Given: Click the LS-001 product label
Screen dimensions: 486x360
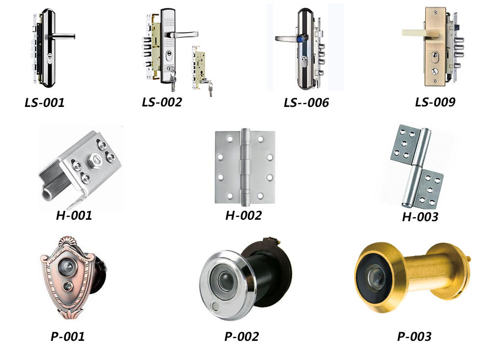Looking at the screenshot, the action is point(45,103).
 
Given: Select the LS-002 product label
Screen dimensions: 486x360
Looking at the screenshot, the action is point(162,102).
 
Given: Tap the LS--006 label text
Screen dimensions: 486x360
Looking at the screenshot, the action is point(306,103).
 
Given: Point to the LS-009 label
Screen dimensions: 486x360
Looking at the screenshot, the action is point(435,102).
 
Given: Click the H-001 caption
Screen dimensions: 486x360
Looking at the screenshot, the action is point(74,215).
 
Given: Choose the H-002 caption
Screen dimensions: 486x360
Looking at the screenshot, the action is point(243,215).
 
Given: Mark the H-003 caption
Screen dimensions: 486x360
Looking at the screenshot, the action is point(420,217).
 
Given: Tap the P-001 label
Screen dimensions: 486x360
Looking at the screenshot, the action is point(68,336).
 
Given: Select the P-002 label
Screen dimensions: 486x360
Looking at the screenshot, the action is point(242,336).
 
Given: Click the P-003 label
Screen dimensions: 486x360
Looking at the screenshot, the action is point(414,336).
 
